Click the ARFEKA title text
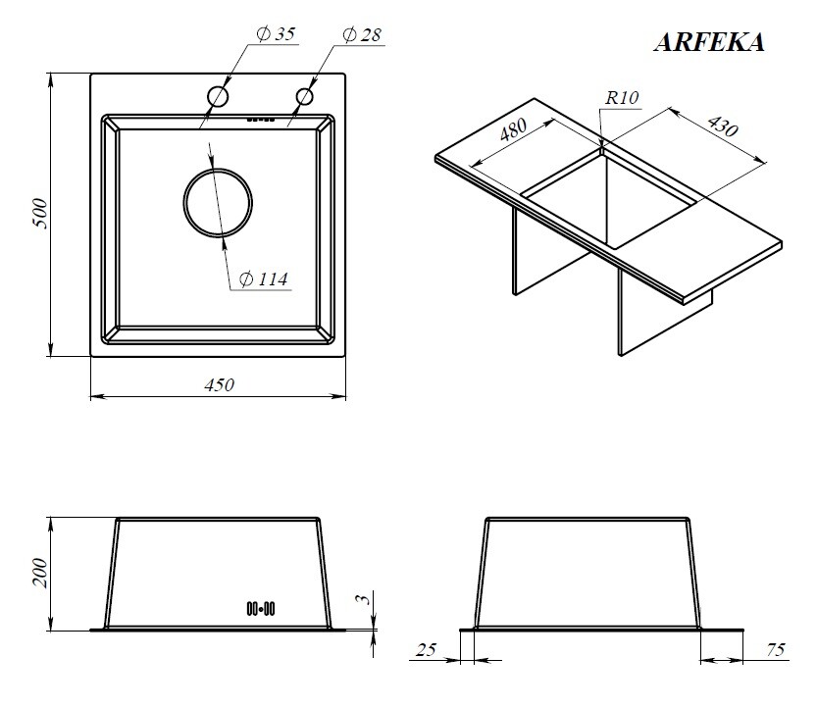click(x=709, y=42)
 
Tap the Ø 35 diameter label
click(x=276, y=34)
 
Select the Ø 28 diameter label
click(x=362, y=35)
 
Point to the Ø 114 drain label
click(x=263, y=279)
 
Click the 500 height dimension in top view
click(x=40, y=213)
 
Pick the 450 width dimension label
click(x=219, y=385)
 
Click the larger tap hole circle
click(x=218, y=97)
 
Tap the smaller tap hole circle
click(x=304, y=96)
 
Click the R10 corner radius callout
click(x=622, y=98)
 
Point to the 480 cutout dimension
click(x=513, y=129)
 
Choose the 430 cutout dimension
click(x=722, y=126)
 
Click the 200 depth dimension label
click(x=40, y=573)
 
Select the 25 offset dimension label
click(x=426, y=649)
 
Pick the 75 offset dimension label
click(x=775, y=649)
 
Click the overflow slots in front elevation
click(x=261, y=609)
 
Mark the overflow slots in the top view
click(x=261, y=120)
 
